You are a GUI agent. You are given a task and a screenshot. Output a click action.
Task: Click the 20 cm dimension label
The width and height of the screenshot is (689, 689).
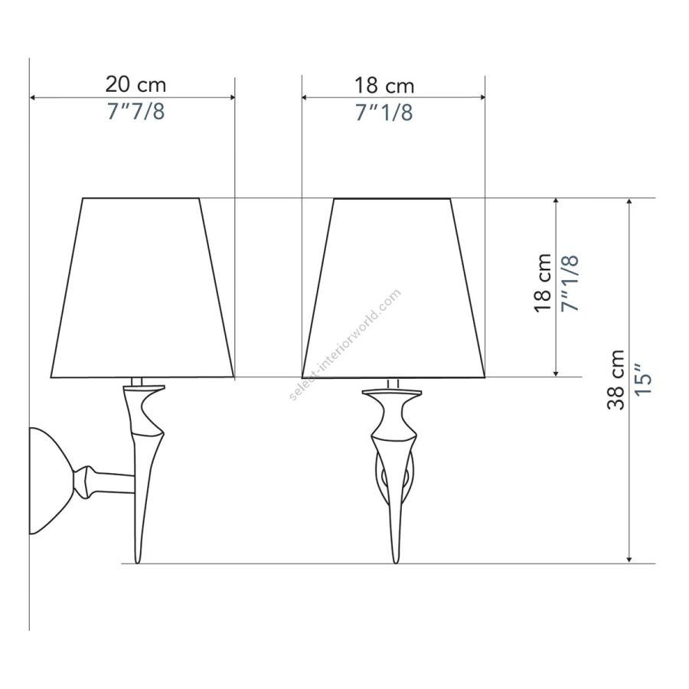pos(136,84)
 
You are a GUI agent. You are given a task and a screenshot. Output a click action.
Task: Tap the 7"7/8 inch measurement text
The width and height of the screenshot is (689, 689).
pos(136,111)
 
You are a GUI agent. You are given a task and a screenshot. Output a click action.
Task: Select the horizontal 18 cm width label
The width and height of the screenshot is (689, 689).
pos(384,86)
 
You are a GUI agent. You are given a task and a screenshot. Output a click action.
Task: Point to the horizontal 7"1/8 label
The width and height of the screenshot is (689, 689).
pos(384,113)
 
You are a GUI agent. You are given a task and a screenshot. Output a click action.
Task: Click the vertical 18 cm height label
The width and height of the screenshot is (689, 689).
pos(543,283)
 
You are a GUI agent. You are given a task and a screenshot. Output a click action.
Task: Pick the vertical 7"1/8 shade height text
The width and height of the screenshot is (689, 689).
pos(570,283)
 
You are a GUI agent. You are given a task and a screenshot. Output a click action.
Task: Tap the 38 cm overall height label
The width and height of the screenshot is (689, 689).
pos(616,380)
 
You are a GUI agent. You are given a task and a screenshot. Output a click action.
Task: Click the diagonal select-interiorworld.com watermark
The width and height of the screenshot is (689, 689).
pos(345,344)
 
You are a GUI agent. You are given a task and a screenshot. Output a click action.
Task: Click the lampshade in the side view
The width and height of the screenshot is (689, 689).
pos(142,288)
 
